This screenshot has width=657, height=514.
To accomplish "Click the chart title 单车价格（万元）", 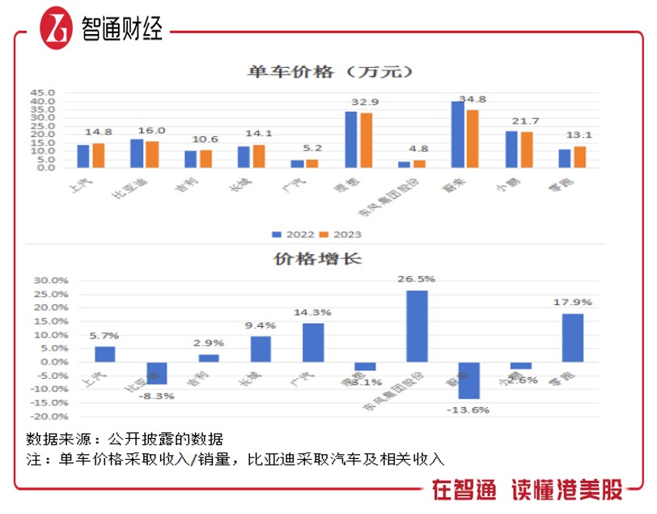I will click(x=330, y=72).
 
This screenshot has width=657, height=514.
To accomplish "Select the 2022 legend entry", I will click(x=292, y=235).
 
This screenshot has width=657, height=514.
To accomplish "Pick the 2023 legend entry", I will click(x=341, y=235).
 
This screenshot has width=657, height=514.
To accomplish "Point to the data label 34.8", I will click(x=473, y=100).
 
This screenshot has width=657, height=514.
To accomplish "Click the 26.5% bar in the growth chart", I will click(x=417, y=325).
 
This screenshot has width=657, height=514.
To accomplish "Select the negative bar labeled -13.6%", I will click(x=469, y=380).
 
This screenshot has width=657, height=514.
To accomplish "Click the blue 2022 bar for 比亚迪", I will click(x=137, y=154).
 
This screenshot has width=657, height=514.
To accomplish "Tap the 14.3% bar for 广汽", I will click(x=313, y=342).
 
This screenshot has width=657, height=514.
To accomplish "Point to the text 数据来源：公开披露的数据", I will click(x=124, y=440).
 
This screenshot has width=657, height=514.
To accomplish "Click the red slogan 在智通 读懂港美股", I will click(x=527, y=490).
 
